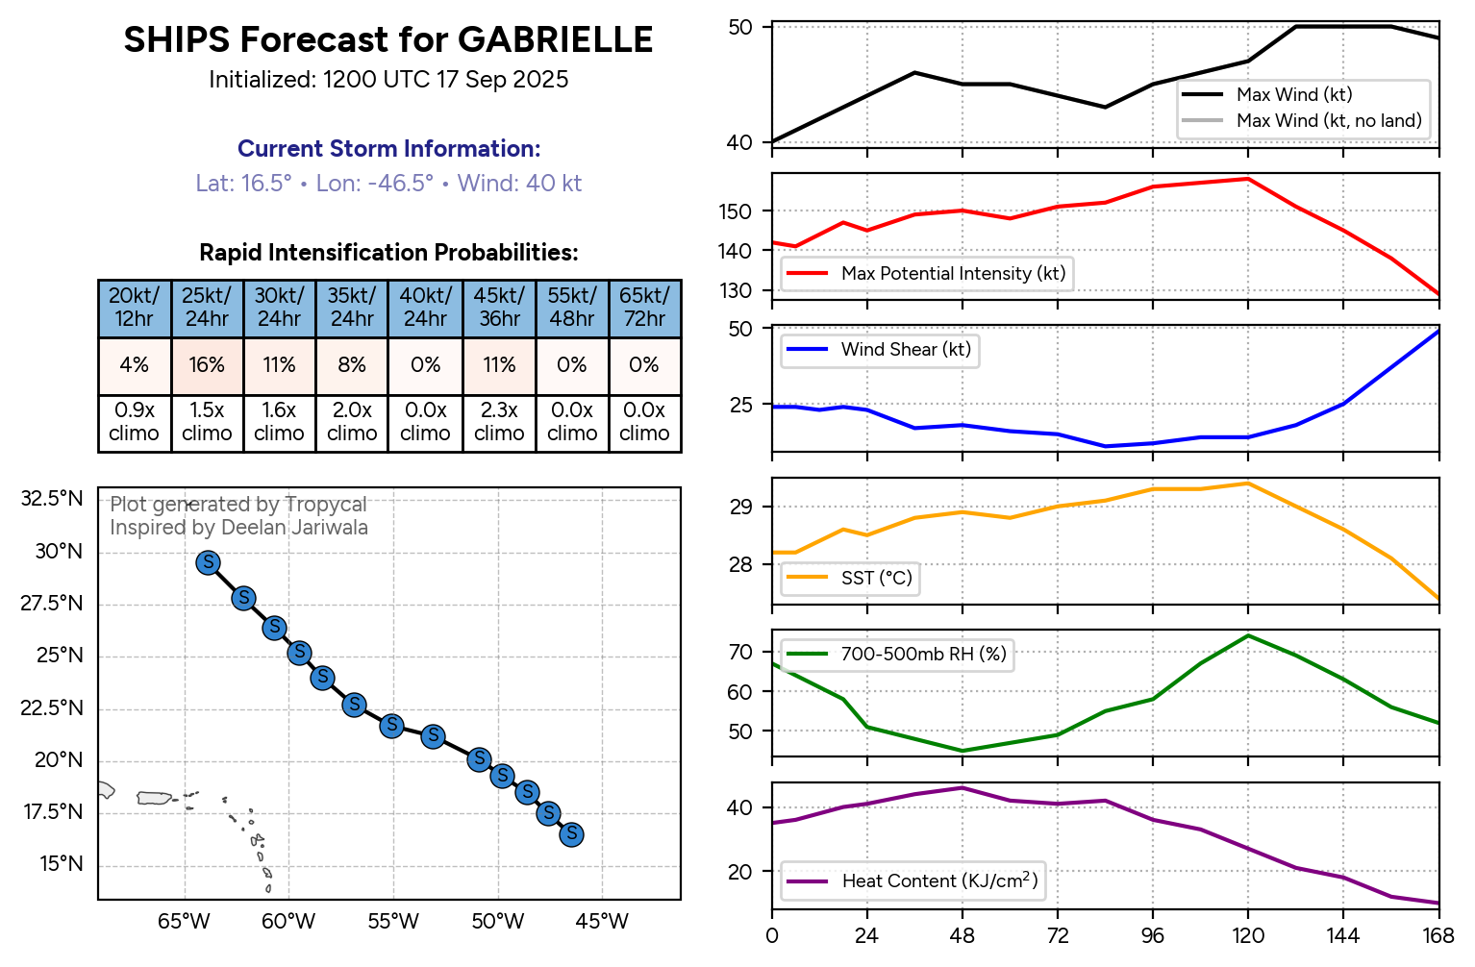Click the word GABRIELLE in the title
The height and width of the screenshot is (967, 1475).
(x=555, y=40)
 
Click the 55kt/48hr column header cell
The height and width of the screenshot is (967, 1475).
(x=572, y=308)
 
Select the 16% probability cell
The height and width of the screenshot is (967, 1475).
(x=207, y=365)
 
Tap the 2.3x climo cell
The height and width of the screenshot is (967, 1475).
(x=499, y=422)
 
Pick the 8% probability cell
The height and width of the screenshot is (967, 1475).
(x=352, y=365)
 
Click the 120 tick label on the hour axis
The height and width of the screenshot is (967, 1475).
(x=1248, y=936)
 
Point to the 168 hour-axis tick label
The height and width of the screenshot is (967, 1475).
(x=1438, y=936)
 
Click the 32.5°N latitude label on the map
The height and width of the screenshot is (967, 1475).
(x=52, y=499)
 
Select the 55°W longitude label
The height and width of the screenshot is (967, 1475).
(x=393, y=922)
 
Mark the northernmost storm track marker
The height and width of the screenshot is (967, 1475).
(x=209, y=563)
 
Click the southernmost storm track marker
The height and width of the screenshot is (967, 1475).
(x=571, y=833)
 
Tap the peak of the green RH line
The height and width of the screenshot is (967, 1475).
(x=1248, y=635)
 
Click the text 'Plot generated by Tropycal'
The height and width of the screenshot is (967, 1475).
(x=238, y=505)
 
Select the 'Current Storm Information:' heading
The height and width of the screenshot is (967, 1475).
(x=388, y=149)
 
